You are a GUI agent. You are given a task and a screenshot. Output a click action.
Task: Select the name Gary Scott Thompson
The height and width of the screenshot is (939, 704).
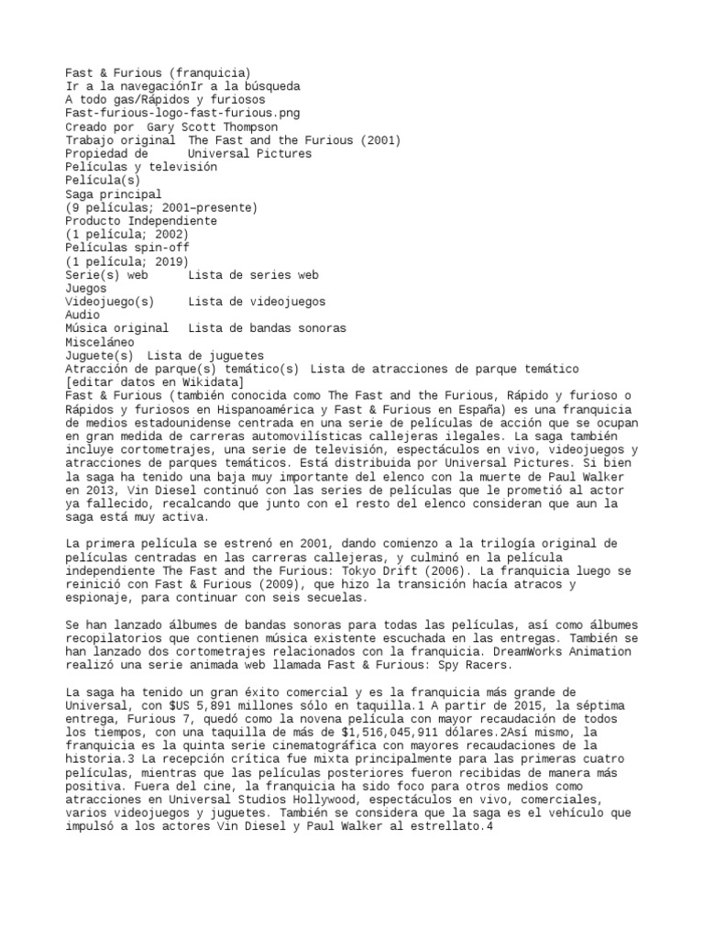213,127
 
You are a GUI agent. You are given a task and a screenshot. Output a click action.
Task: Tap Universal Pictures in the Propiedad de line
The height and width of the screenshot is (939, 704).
249,153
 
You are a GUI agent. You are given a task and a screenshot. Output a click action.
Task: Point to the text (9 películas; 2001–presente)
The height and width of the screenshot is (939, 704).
162,207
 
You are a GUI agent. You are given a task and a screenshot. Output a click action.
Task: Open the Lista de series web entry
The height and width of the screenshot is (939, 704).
253,274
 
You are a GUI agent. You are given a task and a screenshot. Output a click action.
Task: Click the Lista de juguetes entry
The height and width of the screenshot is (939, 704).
205,355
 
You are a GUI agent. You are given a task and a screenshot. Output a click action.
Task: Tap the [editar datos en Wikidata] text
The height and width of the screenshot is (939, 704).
155,381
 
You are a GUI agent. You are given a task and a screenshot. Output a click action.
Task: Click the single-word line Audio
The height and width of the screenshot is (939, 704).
83,315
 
